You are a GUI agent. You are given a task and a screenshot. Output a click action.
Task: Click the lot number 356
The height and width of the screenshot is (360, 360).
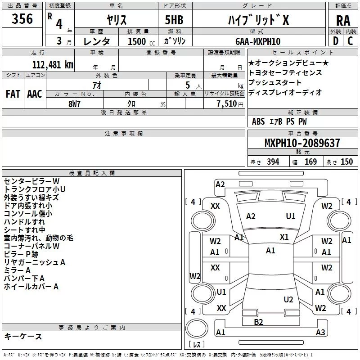coord(22,19)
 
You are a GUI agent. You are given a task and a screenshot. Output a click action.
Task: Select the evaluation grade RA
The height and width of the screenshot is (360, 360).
coord(343,20)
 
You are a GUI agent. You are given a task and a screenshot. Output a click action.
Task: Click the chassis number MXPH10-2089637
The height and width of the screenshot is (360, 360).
coord(302,143)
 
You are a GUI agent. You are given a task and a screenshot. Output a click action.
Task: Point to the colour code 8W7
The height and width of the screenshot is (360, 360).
coord(75,103)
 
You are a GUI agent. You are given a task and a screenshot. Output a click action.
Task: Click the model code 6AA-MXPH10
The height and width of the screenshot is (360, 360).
coord(257,41)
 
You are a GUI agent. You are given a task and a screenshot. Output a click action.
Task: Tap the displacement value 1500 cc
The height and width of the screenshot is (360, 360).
coord(137,41)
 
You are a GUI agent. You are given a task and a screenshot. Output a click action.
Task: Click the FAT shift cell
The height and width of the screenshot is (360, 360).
coord(13,94)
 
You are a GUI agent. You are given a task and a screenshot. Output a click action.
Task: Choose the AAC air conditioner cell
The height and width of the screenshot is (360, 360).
coord(34,94)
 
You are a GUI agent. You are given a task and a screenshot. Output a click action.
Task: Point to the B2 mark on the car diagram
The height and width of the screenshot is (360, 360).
coord(258,322)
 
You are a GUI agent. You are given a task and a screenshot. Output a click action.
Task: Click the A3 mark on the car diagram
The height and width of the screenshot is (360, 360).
coord(320,333)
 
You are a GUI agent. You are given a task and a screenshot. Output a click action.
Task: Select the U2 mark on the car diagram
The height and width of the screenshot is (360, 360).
coord(288,299)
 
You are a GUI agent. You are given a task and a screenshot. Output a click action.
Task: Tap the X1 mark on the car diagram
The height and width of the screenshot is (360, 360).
coord(284,237)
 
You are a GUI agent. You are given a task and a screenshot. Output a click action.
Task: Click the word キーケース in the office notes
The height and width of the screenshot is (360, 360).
coord(23,336)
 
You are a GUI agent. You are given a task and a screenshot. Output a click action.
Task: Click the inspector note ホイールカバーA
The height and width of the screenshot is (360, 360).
coord(31,286)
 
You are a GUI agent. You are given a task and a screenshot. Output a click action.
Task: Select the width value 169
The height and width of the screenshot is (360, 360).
coord(310,162)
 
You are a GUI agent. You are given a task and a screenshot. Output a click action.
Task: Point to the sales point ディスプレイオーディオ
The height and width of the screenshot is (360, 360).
coord(285,92)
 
